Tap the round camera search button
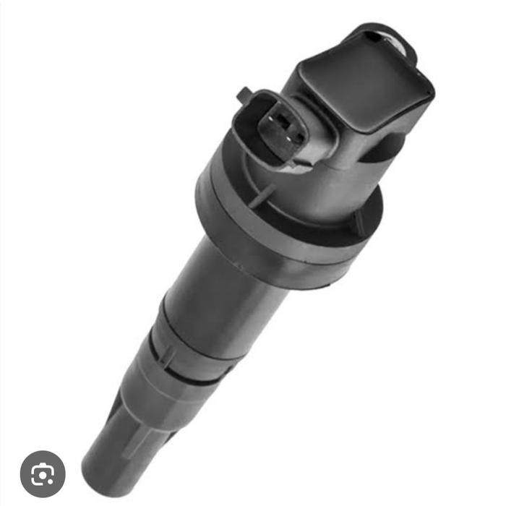(x=43, y=473)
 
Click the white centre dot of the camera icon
(x=43, y=475)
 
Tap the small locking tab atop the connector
(x=244, y=93)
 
